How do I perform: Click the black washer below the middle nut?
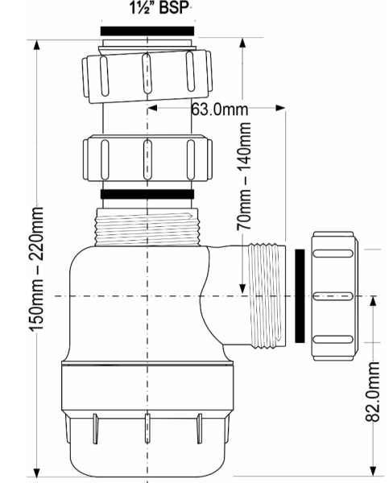tap(147, 194)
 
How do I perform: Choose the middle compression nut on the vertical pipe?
tap(146, 158)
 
